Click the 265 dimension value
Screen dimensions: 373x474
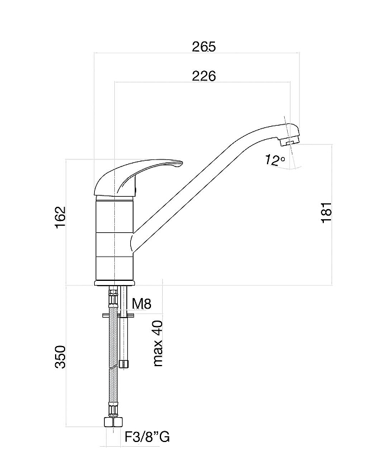point(204,47)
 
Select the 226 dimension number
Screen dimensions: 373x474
point(204,76)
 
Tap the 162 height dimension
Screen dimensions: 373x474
point(60,217)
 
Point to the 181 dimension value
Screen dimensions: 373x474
point(326,213)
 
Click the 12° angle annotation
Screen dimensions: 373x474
point(274,160)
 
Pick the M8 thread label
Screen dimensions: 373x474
point(142,303)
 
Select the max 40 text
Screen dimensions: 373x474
point(158,344)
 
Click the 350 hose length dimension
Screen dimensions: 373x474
point(60,357)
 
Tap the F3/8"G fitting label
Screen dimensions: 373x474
point(147,437)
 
